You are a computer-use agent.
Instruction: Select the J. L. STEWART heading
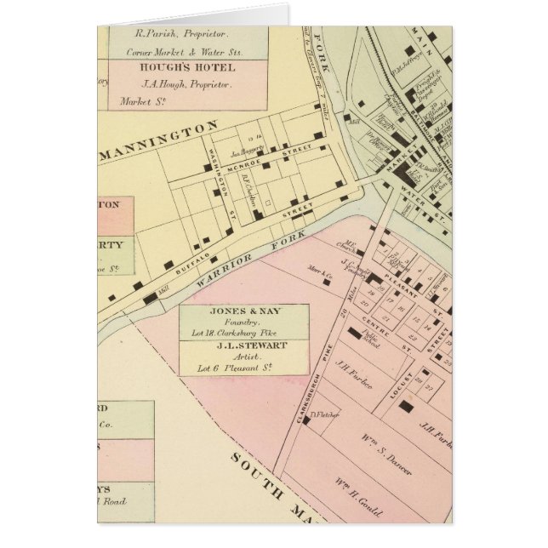[x=243, y=346]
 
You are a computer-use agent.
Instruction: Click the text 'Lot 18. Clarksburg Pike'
[x=243, y=323]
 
